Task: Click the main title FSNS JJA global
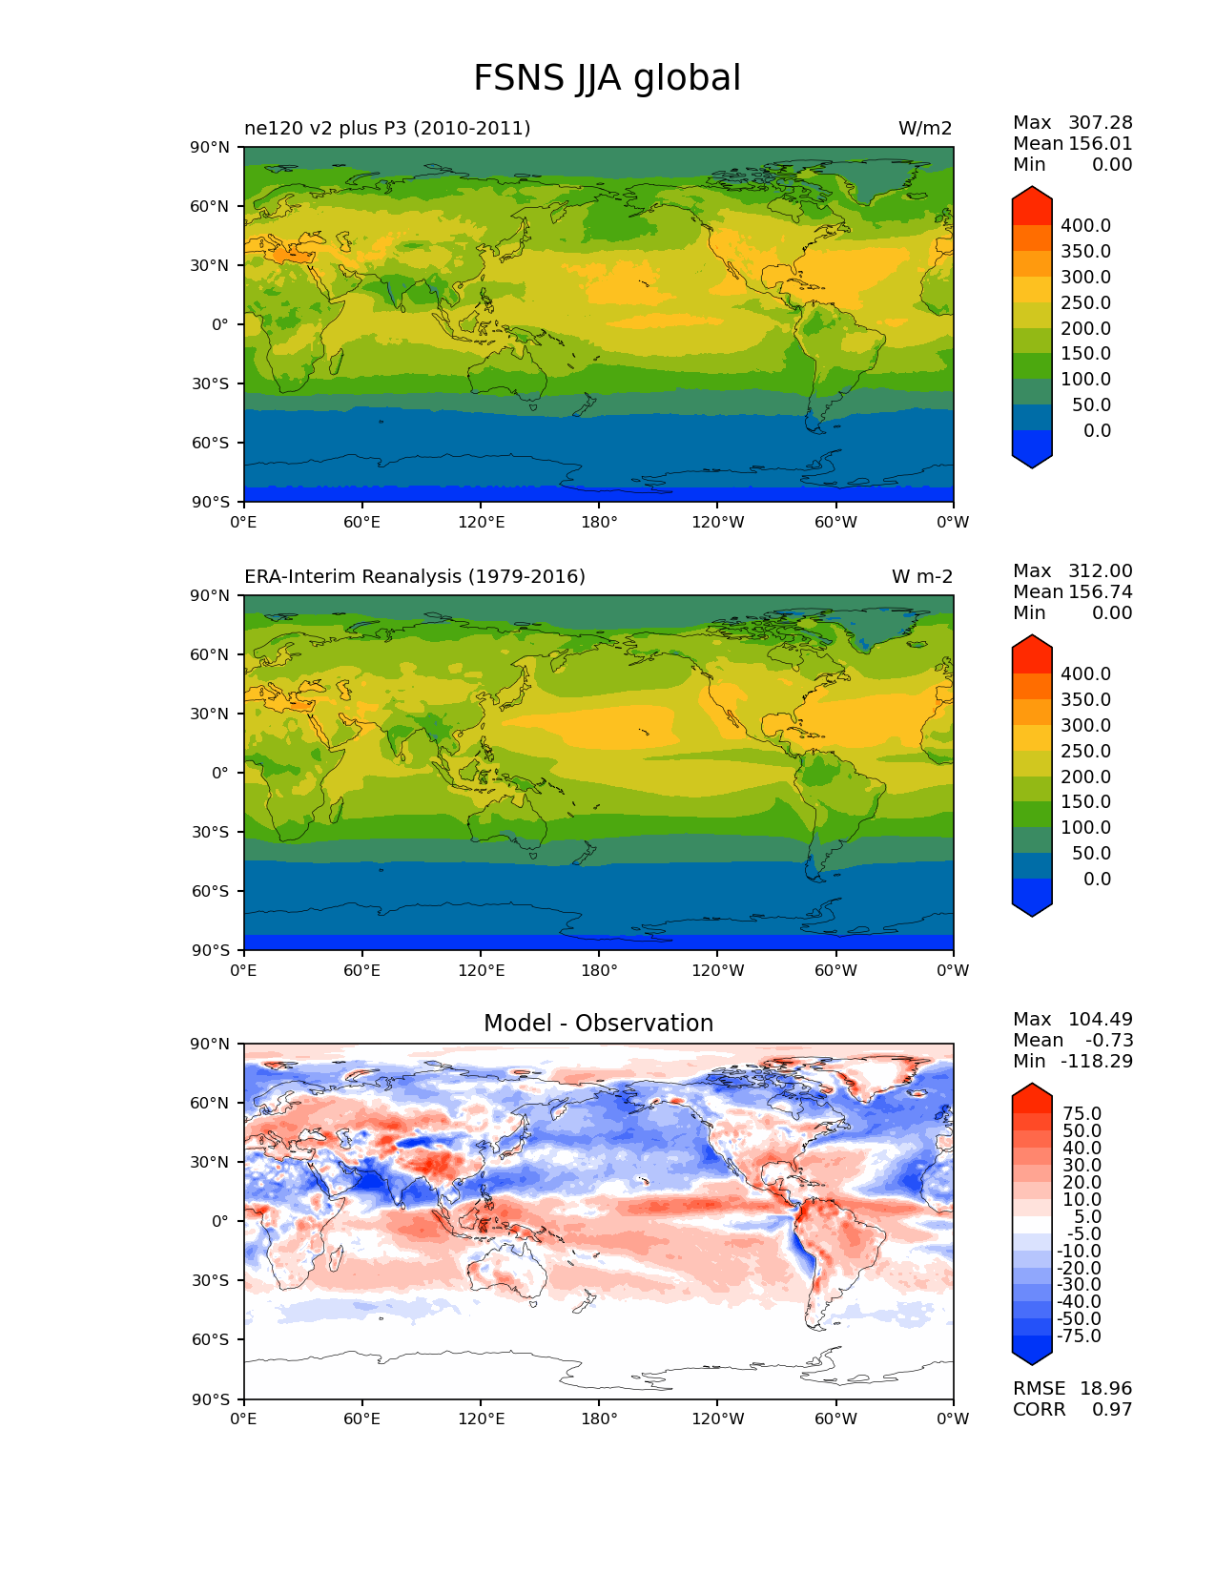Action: [607, 78]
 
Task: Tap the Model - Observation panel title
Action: [598, 1024]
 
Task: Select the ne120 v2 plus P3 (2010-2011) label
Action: [387, 129]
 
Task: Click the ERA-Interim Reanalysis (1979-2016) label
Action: [415, 577]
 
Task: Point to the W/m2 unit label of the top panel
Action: [924, 129]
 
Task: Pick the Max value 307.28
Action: [1100, 123]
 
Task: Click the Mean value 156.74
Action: [1100, 592]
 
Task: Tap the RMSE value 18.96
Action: [1105, 1389]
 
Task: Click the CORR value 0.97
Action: [1112, 1410]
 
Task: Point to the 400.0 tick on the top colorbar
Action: [1085, 226]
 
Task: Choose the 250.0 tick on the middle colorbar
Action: [1085, 752]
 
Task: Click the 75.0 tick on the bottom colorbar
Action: [1082, 1114]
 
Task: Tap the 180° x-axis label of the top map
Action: [599, 523]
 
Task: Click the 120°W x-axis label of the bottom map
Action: [717, 1419]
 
